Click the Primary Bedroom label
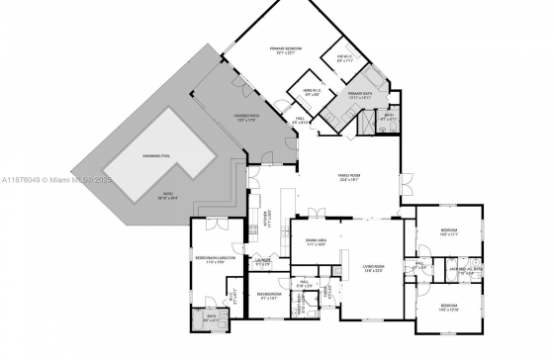286,50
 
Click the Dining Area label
318,242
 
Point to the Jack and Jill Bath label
464,269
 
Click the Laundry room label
262,263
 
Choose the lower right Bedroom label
446,307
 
